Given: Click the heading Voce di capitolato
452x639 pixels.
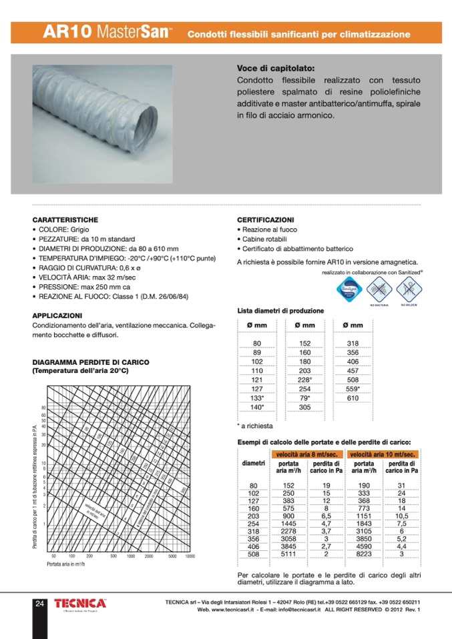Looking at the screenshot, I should pos(275,68).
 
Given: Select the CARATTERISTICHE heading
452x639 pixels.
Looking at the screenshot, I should pos(65,219).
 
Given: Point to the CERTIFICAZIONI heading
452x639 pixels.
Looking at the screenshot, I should pos(266,219).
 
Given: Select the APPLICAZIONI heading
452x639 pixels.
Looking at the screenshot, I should pos(57,315).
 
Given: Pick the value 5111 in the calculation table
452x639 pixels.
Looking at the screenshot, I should pos(288,553).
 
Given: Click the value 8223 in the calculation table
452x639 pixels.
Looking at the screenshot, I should pos(365,553).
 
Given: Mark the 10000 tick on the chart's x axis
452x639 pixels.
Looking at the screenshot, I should pos(190,555).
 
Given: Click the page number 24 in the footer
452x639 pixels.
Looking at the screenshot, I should pos(40,604).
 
